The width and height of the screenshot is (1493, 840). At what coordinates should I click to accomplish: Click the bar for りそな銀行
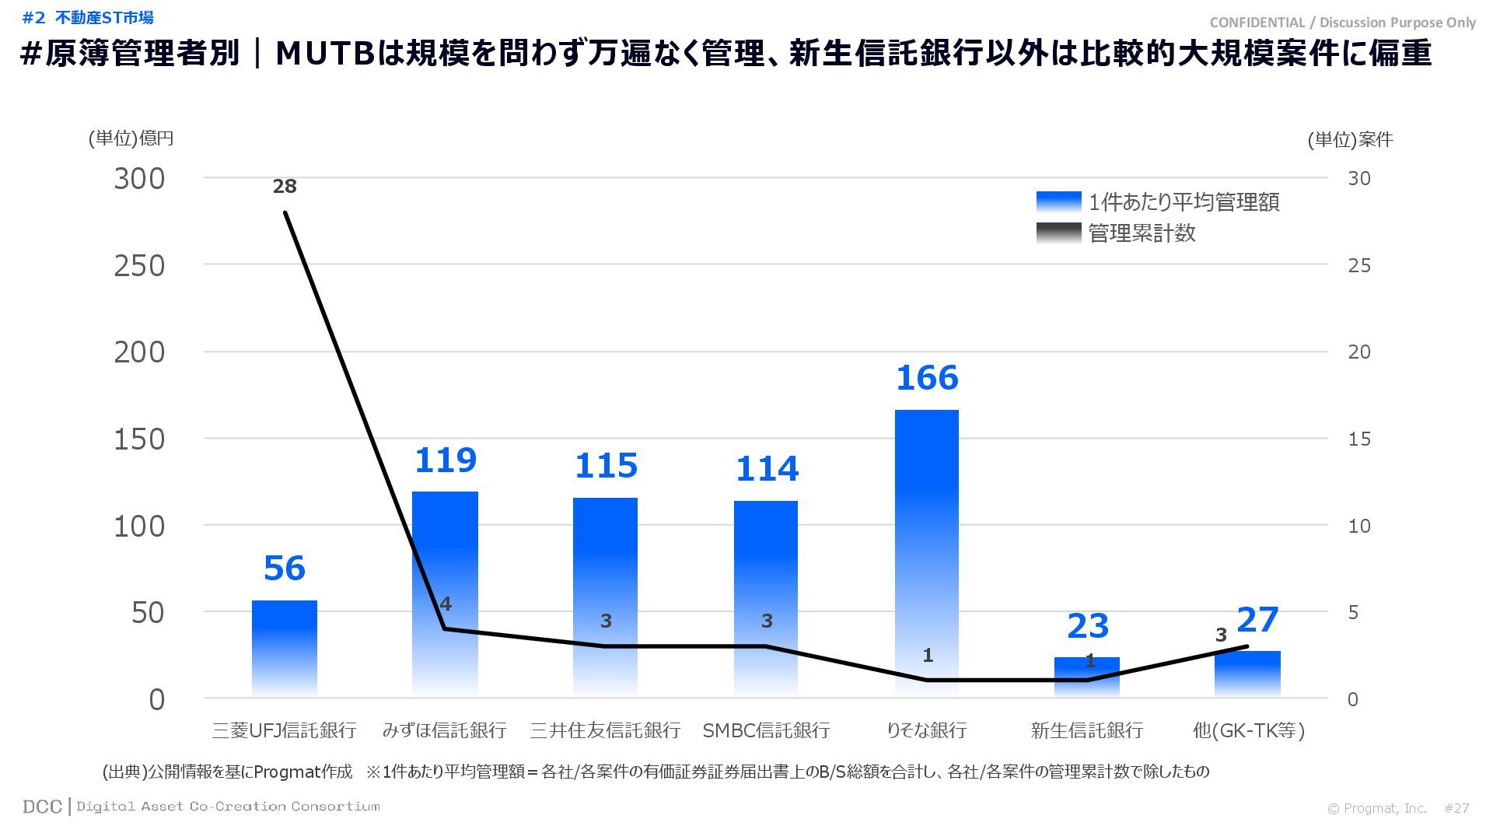click(x=926, y=552)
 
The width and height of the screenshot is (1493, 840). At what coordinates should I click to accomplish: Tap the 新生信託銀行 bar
click(x=1087, y=677)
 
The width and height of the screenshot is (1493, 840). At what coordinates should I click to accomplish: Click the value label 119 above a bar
click(x=445, y=460)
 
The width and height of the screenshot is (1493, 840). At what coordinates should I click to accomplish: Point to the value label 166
click(x=927, y=378)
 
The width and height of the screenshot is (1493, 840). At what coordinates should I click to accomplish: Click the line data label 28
click(x=285, y=187)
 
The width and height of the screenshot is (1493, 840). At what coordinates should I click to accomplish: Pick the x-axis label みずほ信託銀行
click(x=444, y=730)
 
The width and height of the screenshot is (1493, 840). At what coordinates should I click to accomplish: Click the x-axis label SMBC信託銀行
click(x=766, y=730)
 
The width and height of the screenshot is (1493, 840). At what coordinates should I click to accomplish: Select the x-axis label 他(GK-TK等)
click(x=1248, y=730)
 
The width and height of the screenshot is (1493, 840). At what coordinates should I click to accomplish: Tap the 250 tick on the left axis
click(x=140, y=266)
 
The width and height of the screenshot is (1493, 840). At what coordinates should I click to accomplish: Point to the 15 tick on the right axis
click(x=1358, y=439)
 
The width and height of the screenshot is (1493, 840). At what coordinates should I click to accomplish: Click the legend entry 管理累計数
click(x=1142, y=233)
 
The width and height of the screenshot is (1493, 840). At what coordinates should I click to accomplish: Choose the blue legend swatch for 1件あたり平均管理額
click(x=1058, y=202)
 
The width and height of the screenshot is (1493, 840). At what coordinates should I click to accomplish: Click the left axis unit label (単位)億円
click(x=131, y=138)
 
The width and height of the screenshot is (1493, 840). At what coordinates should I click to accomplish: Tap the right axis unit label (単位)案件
click(x=1350, y=140)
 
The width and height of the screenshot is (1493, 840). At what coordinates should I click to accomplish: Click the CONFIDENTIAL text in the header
click(x=1257, y=23)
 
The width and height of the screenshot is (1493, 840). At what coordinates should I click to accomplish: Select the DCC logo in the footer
click(x=42, y=807)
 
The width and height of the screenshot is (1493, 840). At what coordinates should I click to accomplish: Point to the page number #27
click(x=1456, y=808)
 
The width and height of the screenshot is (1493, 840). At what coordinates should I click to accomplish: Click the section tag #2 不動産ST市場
click(x=88, y=17)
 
